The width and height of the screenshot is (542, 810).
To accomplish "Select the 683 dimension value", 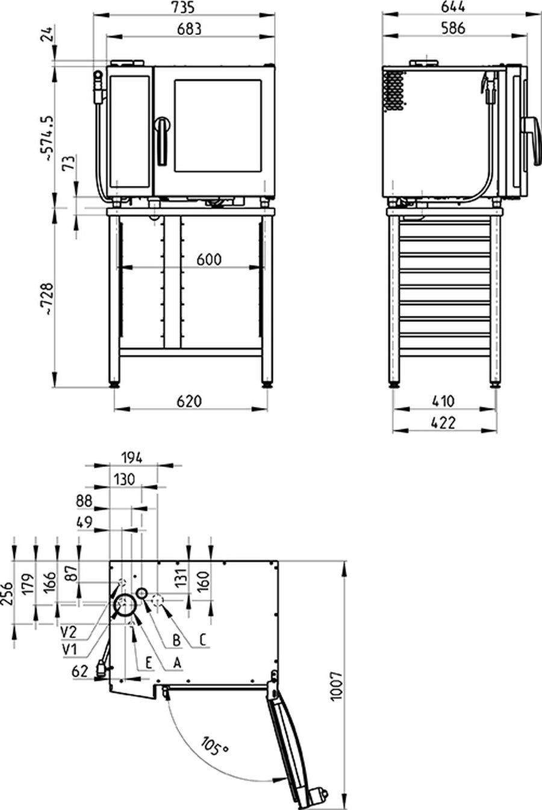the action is pyautogui.click(x=189, y=29).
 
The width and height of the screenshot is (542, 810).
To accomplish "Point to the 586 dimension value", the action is pyautogui.click(x=453, y=28).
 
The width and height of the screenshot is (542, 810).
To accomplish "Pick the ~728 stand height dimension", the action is pyautogui.click(x=49, y=299).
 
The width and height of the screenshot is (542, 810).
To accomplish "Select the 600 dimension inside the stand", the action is pyautogui.click(x=209, y=259).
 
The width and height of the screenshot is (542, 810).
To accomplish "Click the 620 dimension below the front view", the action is pyautogui.click(x=189, y=401).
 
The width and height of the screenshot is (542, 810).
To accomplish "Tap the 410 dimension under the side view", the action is pyautogui.click(x=443, y=401).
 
